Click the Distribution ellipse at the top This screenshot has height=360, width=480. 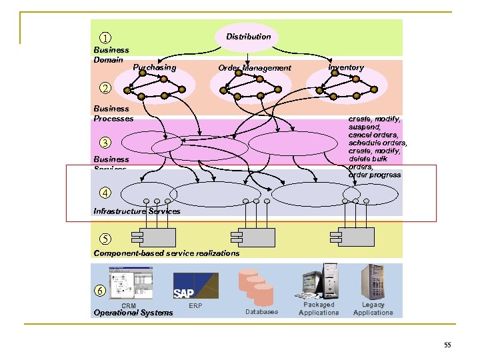[x=248, y=37]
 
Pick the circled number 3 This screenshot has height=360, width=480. [x=104, y=142]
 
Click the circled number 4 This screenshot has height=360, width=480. [x=104, y=193]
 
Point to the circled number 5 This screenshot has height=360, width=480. [x=104, y=239]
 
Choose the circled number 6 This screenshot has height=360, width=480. [x=99, y=291]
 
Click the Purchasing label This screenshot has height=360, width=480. [x=155, y=67]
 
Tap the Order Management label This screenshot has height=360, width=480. [x=255, y=68]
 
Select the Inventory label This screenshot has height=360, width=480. [x=346, y=67]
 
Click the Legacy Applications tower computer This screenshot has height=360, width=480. [x=373, y=281]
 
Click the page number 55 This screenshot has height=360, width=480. [x=447, y=345]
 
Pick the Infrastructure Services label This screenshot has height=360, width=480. [x=137, y=211]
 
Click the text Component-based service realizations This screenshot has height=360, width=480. [x=167, y=253]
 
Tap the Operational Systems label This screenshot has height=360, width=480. [x=133, y=313]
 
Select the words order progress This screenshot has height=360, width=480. [x=375, y=175]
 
